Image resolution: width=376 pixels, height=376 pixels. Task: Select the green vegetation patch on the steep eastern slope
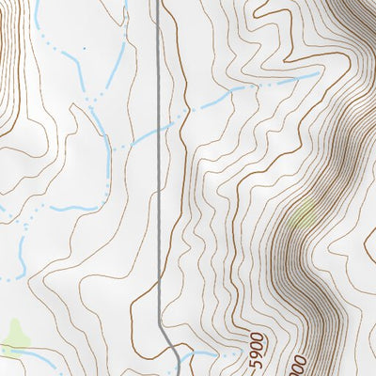pos(303,217)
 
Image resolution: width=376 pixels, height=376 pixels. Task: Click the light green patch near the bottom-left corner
pos(15,334)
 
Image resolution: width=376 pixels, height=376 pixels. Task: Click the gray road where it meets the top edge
pos(157,3)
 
